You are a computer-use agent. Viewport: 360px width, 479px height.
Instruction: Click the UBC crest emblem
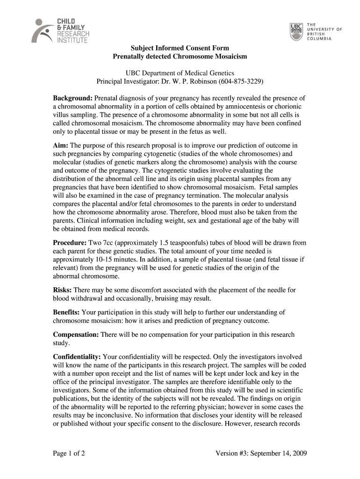pos(296,31)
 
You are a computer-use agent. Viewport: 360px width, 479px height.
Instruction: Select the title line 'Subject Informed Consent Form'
pos(180,48)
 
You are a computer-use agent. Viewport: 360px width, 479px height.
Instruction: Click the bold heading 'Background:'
pos(72,99)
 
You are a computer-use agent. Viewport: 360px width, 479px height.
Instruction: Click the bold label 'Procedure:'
pos(70,243)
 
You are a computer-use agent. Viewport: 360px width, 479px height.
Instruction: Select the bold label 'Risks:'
pos(62,290)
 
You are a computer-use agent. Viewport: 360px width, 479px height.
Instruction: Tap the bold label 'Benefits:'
pos(66,312)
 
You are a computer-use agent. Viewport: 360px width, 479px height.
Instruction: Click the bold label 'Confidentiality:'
pos(77,356)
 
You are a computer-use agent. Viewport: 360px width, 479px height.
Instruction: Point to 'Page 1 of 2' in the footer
pos(69,453)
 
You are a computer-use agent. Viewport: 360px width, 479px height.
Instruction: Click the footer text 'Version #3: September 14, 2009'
pos(261,453)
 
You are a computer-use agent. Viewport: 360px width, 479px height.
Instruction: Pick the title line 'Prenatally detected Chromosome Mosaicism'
pos(180,57)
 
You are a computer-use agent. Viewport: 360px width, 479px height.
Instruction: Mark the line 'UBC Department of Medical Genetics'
pos(180,73)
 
